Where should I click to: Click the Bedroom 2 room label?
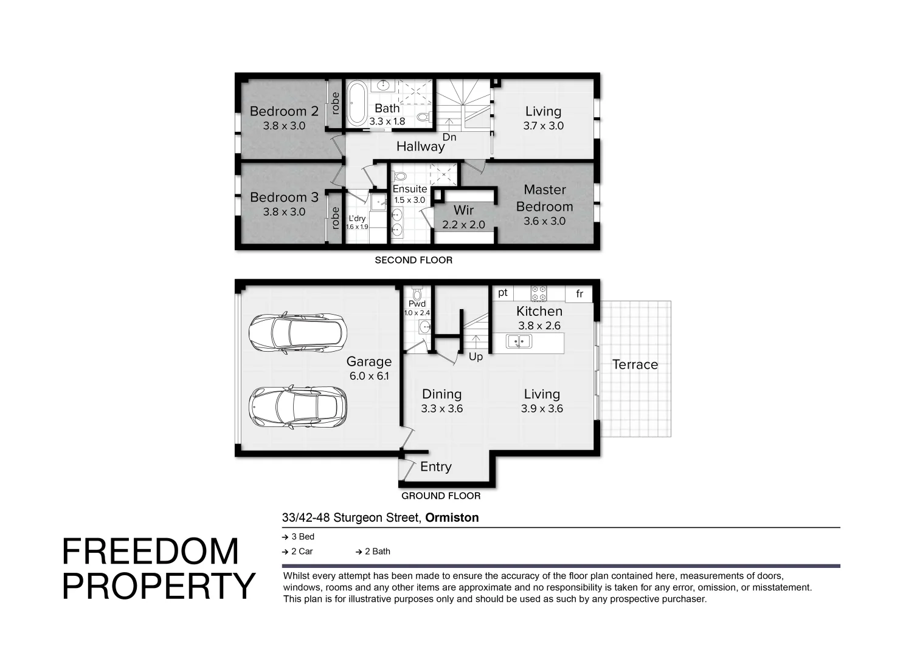284,111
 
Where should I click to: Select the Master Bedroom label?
544,198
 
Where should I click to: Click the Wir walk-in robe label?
463,210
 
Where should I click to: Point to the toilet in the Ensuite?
400,177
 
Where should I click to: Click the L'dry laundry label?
357,219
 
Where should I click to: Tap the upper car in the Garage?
298,332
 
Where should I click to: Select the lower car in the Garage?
298,406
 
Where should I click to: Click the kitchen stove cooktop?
539,293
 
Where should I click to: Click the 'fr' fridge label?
580,294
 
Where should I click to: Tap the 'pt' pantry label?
503,293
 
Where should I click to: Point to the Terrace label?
635,364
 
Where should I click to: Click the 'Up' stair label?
476,357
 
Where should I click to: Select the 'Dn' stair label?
449,137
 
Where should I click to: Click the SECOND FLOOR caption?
413,260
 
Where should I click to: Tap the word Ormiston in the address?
452,518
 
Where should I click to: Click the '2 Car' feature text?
302,552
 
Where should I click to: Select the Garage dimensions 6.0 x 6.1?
369,376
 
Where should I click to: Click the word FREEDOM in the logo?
150,552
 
